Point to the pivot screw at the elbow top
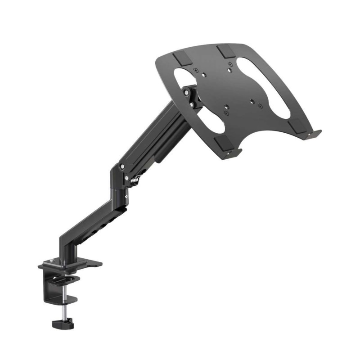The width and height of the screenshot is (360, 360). point(122,166)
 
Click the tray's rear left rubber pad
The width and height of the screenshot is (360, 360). point(181,58)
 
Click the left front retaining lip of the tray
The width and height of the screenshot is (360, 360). point(234,153)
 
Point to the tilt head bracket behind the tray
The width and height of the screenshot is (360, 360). point(191,97)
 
